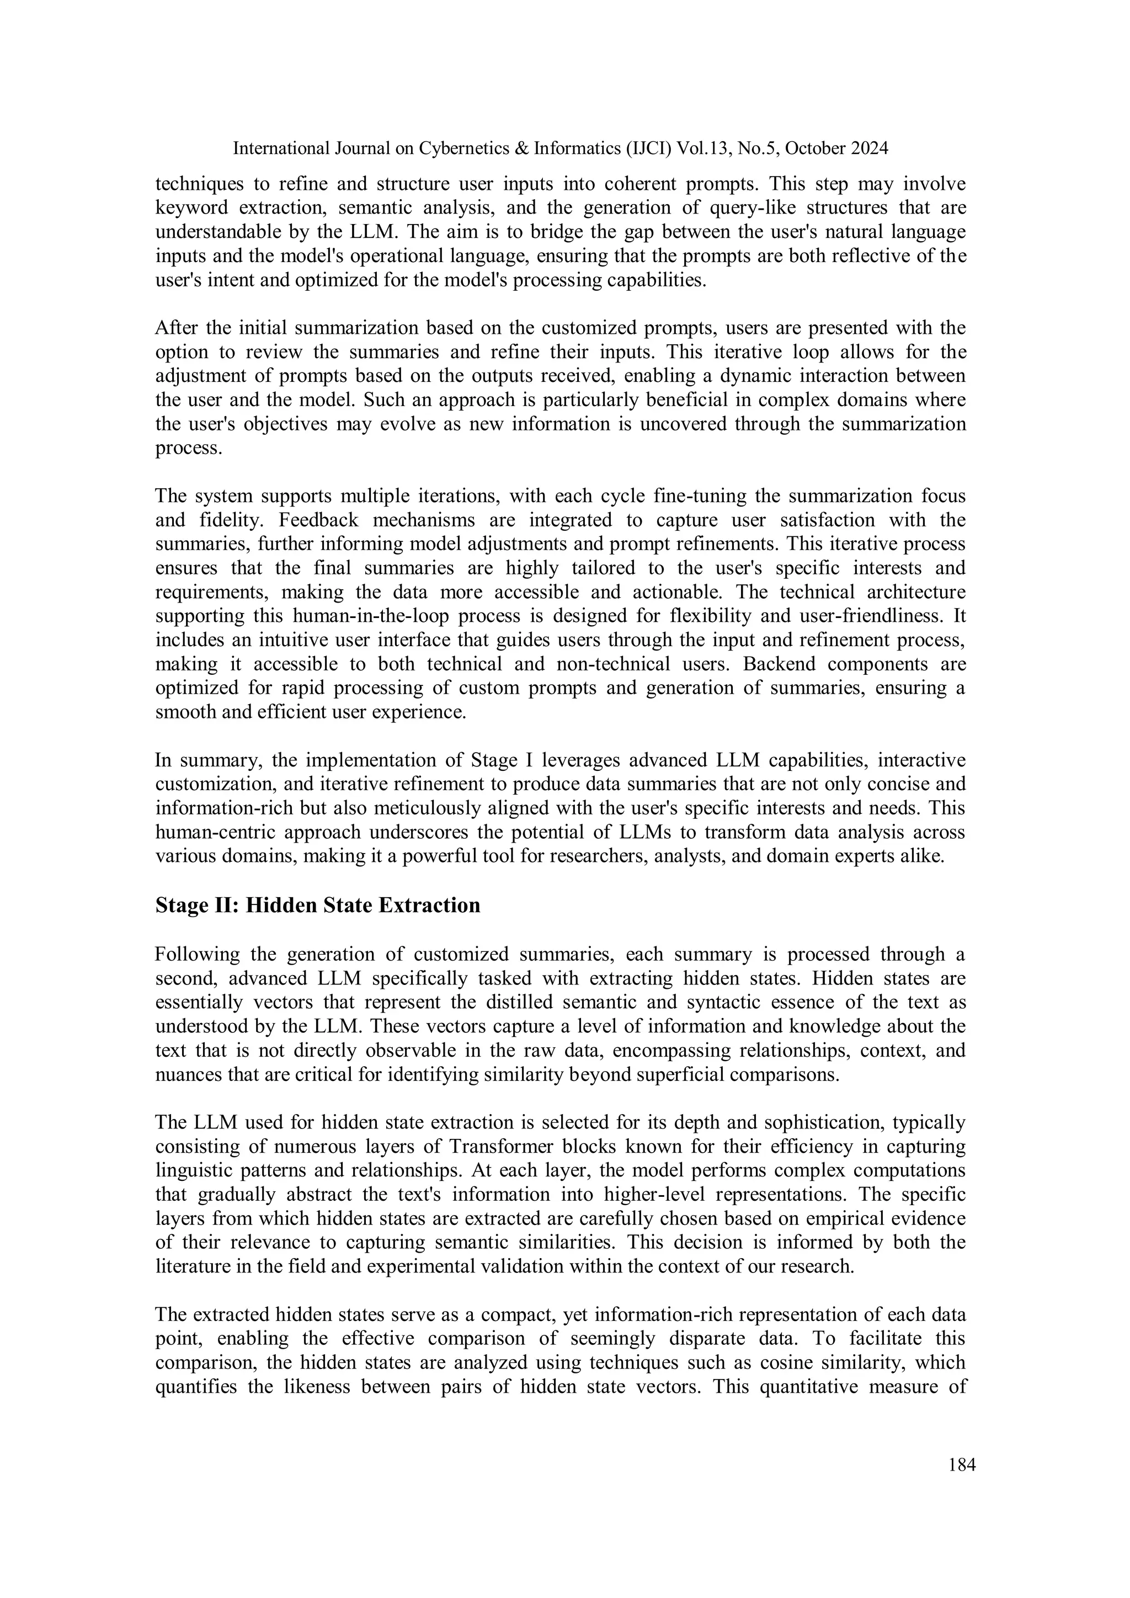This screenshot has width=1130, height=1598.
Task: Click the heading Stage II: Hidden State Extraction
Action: click(317, 905)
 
